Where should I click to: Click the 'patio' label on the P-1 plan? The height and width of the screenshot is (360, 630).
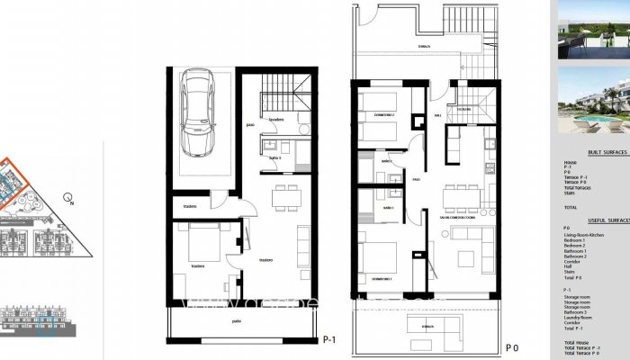click(236, 320)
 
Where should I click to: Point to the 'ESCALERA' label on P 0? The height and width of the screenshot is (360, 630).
click(463, 109)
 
